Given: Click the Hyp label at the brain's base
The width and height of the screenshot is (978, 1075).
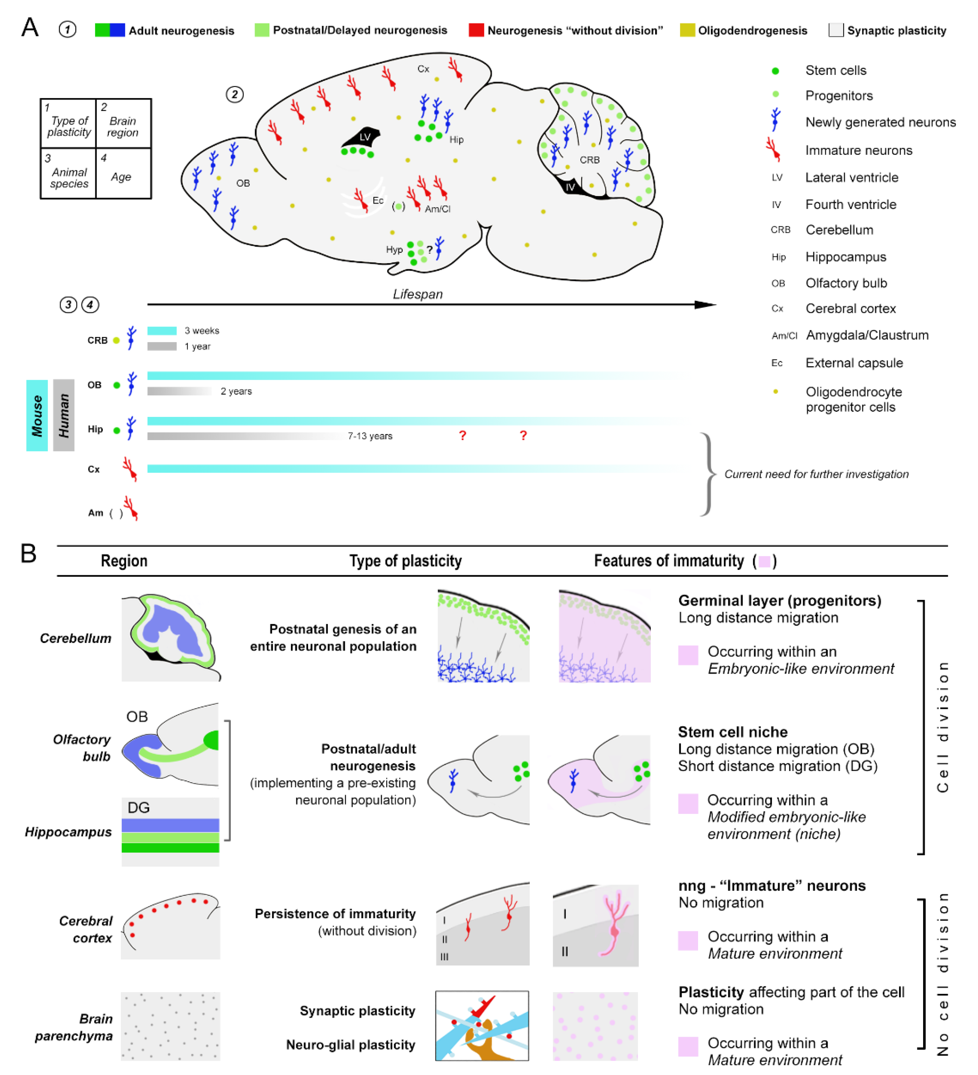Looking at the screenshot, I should pos(394,249).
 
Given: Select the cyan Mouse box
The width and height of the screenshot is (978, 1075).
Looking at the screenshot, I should pos(37,415).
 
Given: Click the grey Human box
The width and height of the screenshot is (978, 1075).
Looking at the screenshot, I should pos(63,415).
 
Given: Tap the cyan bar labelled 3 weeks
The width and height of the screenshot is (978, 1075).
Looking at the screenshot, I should pos(162,331).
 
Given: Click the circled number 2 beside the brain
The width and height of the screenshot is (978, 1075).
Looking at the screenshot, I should pos(235,95).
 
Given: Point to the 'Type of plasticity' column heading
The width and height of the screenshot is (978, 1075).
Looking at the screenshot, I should pos(405,561).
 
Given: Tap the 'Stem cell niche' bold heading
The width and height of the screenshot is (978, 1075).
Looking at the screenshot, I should pos(733,732).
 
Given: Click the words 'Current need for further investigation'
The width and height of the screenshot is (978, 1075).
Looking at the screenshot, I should pos(816,474).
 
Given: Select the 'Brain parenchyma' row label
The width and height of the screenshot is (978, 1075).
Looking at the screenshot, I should pos(74,1027).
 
